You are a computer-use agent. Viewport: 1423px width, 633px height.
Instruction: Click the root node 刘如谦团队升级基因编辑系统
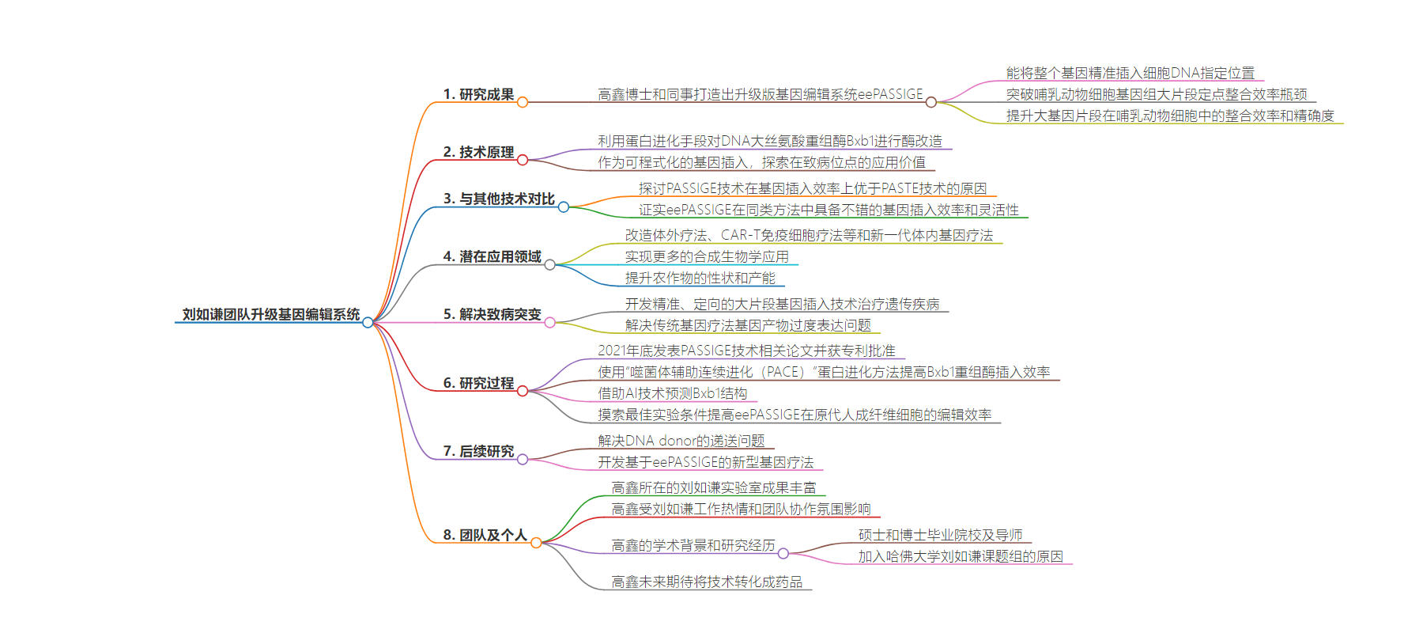tap(271, 314)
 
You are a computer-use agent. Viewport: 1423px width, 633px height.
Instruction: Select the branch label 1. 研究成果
tap(478, 94)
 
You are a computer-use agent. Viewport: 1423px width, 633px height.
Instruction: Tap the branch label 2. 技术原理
tap(478, 152)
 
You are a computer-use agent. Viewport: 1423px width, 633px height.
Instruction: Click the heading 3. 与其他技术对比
tap(499, 199)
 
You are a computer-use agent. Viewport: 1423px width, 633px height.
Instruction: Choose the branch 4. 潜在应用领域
tap(492, 256)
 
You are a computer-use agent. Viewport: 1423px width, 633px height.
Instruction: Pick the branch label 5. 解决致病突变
tap(492, 314)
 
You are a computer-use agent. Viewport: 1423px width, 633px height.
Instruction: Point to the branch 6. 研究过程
tap(478, 383)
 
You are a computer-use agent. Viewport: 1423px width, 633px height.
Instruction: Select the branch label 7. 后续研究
tap(478, 451)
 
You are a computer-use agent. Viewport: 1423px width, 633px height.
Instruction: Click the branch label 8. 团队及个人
tap(485, 535)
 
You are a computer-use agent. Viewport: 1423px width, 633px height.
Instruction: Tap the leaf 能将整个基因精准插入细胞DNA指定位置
tap(1130, 73)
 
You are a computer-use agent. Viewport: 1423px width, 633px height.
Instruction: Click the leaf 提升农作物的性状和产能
tap(700, 278)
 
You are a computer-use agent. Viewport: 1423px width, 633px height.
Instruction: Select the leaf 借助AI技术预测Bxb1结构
tap(673, 393)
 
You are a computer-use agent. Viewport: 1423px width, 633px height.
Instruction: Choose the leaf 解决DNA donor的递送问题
tap(681, 441)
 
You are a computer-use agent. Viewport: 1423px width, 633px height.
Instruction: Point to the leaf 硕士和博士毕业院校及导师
tap(941, 535)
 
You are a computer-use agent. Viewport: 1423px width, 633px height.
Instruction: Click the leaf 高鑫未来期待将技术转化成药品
tap(707, 582)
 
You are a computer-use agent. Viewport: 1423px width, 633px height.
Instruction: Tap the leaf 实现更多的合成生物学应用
tap(707, 256)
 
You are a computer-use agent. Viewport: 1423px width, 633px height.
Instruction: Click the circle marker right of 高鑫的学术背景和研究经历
tap(783, 553)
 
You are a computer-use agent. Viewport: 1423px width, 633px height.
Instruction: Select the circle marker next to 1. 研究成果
tap(523, 102)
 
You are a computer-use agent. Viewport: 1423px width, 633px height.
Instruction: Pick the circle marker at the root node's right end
tap(368, 322)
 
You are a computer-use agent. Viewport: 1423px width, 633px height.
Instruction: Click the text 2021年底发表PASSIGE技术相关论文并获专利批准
tap(746, 351)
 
